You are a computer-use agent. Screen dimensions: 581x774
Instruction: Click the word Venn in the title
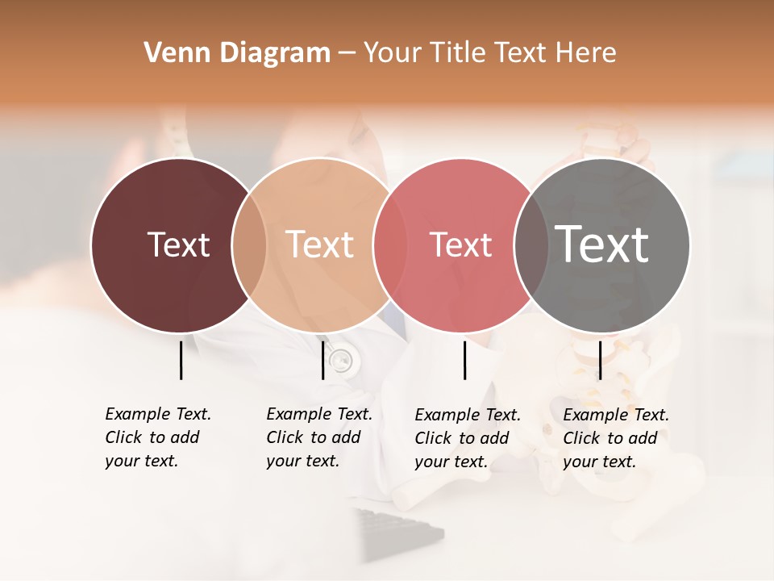click(171, 53)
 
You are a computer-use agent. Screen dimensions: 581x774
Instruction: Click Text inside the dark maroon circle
click(178, 245)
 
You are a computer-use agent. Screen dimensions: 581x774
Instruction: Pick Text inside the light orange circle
click(320, 245)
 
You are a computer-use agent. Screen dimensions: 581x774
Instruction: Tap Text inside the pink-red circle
click(461, 245)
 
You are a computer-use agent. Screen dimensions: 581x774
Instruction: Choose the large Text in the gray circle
click(602, 245)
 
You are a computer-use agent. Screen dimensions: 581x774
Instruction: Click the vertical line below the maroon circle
click(181, 360)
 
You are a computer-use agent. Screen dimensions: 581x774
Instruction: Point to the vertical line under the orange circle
click(322, 360)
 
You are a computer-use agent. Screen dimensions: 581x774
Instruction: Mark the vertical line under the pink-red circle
click(464, 360)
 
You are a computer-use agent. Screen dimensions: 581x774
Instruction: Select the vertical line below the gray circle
click(600, 360)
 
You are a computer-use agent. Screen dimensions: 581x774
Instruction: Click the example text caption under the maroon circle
click(158, 437)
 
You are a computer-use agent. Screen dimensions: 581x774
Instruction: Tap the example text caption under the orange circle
click(319, 437)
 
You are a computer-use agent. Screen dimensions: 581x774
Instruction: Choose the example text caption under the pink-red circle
click(468, 438)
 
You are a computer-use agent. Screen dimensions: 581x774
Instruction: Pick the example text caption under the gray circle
click(616, 438)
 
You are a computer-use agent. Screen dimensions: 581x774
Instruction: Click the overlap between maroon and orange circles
click(249, 245)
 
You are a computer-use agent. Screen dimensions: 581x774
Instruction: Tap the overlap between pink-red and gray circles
click(531, 245)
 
